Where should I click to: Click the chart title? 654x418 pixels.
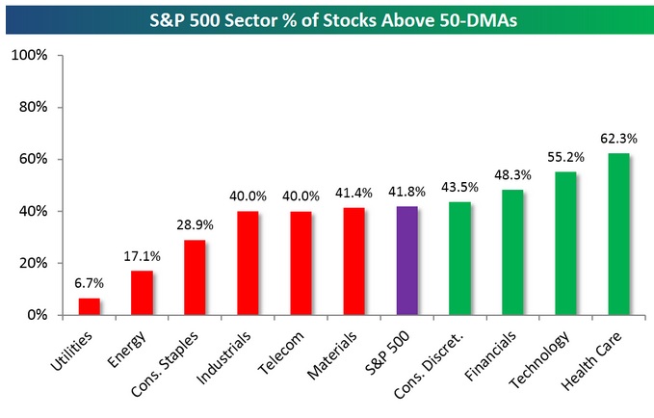click(x=327, y=17)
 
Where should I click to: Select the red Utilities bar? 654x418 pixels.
click(x=89, y=306)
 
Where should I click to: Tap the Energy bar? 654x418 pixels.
click(x=142, y=293)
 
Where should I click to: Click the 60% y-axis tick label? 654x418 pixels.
click(x=31, y=159)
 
